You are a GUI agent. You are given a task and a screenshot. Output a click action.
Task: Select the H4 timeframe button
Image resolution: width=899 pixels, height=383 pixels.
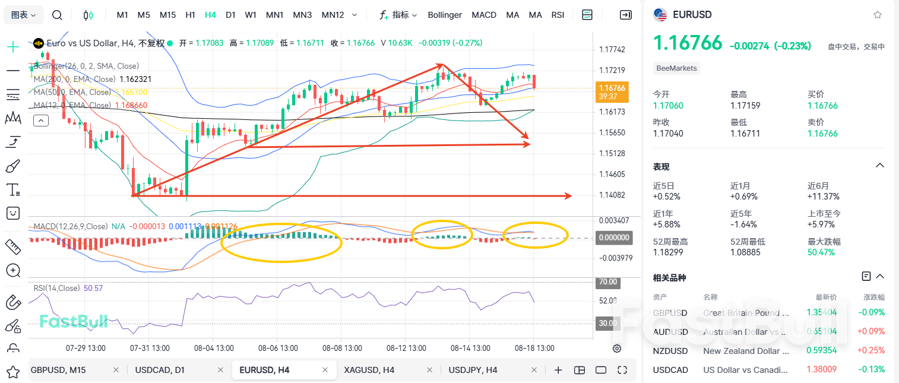(210, 15)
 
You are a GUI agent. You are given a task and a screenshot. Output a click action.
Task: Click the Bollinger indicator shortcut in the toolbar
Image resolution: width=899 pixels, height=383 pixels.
(445, 15)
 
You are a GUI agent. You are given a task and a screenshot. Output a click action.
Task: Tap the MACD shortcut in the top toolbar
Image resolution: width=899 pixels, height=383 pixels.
(484, 15)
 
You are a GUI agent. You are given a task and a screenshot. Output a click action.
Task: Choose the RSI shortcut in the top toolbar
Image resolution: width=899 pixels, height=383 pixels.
(558, 15)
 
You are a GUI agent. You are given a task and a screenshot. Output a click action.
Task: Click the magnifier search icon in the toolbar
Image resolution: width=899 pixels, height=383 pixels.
(57, 15)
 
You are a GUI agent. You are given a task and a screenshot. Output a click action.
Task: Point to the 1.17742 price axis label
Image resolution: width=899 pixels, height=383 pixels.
(612, 49)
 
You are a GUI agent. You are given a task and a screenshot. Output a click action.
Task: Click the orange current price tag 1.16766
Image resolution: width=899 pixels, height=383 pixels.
(612, 88)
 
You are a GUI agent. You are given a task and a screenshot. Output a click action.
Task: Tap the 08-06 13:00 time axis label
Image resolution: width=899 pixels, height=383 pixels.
(278, 348)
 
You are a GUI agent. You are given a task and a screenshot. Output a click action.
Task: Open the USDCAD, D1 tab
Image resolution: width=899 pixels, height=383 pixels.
(160, 370)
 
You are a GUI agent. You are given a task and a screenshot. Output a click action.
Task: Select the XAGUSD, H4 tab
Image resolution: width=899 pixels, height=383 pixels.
(369, 370)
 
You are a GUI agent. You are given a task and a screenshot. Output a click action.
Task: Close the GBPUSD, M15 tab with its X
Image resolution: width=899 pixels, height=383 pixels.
(116, 370)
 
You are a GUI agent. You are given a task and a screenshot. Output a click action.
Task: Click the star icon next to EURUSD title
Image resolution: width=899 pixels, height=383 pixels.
(878, 15)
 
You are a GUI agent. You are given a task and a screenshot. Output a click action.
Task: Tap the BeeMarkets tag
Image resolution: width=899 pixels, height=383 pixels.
(676, 68)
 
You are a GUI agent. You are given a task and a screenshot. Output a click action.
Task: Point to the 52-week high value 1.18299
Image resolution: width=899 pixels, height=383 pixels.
(668, 252)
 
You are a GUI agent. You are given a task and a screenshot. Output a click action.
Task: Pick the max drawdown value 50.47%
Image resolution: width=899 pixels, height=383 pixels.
(821, 252)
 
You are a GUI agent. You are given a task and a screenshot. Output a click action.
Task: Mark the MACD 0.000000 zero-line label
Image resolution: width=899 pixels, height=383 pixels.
(615, 238)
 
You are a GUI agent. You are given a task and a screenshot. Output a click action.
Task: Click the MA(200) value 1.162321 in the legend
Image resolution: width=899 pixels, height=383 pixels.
(135, 79)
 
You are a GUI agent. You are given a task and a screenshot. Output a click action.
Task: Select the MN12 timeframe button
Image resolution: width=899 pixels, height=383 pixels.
(333, 15)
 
